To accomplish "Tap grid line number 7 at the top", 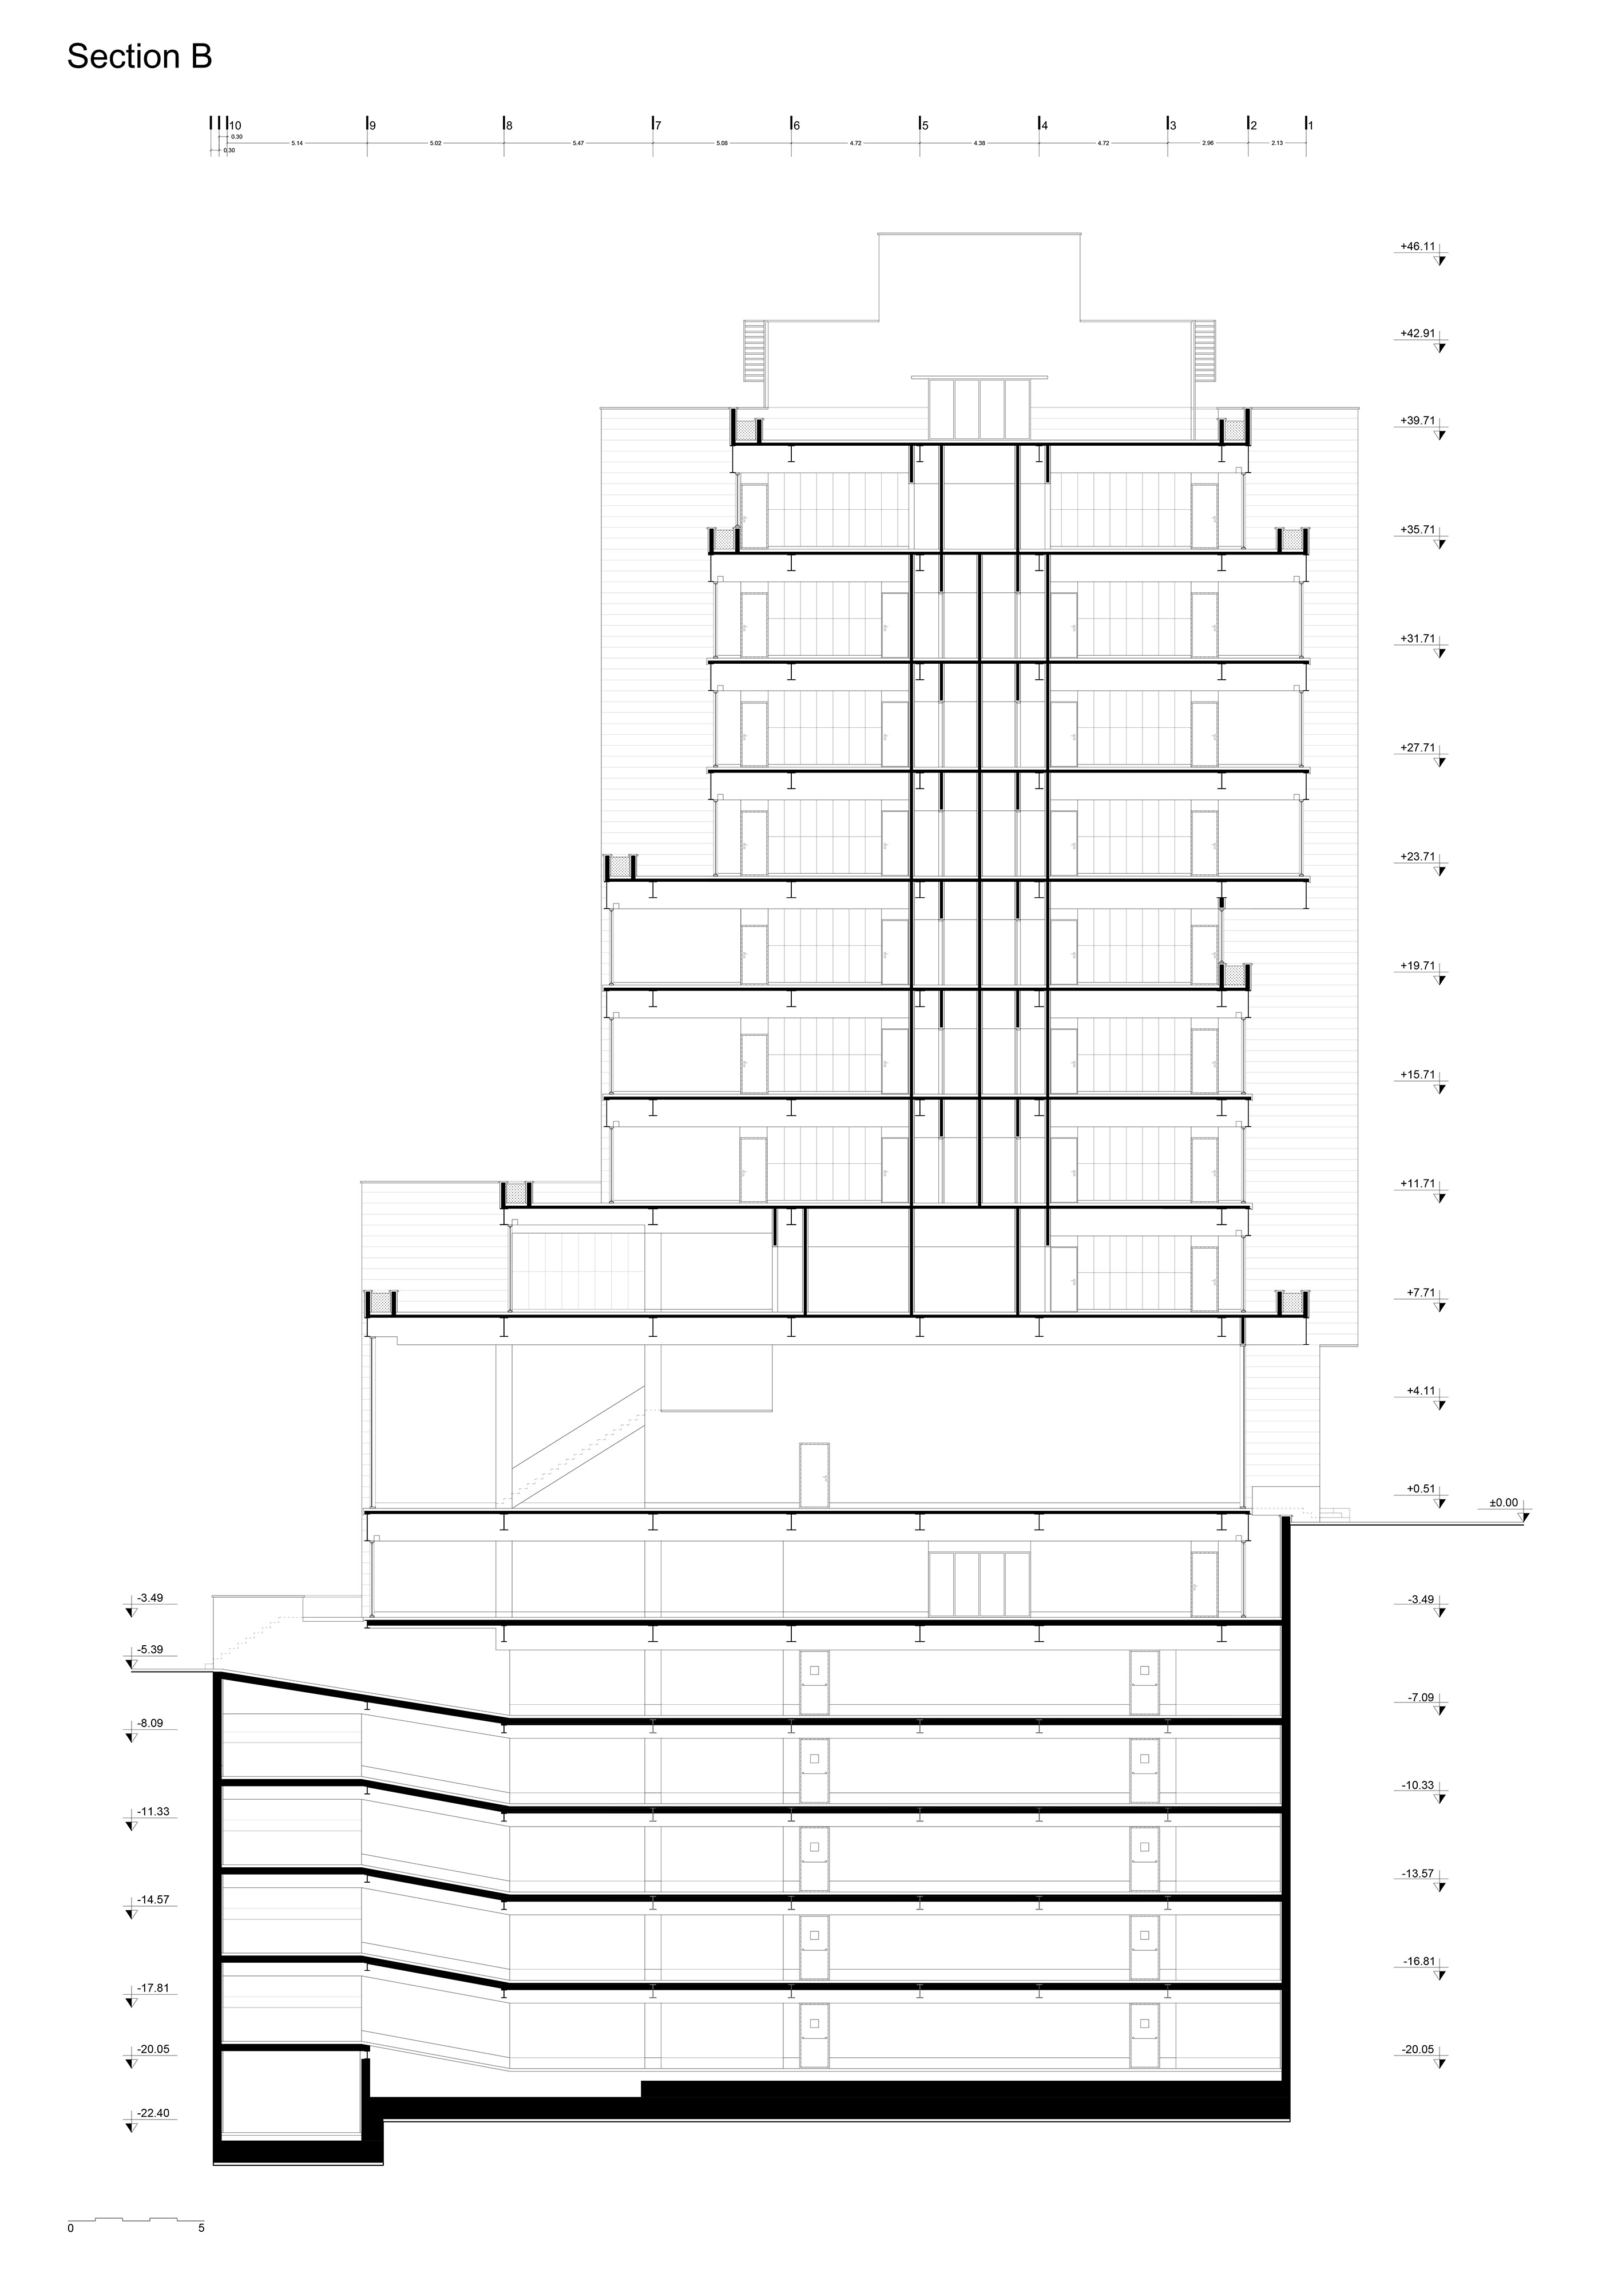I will tap(657, 126).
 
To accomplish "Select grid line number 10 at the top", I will tap(235, 126).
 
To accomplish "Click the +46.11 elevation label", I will tap(1417, 245).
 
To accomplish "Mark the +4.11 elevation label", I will tap(1419, 1390).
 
